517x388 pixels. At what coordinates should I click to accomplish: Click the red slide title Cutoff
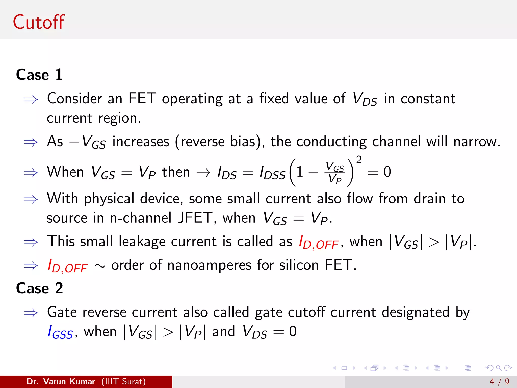(x=39, y=22)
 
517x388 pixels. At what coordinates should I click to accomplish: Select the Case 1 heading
(x=39, y=75)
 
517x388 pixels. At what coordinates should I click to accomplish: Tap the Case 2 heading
(x=39, y=288)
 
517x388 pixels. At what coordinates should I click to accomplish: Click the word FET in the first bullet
(x=142, y=99)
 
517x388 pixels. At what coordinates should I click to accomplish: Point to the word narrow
(x=476, y=141)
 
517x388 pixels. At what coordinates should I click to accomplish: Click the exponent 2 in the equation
(x=359, y=160)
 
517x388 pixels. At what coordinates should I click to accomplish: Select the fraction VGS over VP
(x=335, y=172)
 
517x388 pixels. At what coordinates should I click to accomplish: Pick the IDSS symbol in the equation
(x=272, y=173)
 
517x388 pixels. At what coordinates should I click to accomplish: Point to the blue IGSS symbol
(x=60, y=332)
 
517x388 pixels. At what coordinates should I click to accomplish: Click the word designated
(x=415, y=312)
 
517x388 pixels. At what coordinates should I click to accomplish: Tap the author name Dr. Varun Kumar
(x=61, y=381)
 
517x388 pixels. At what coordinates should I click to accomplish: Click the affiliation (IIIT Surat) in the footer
(x=123, y=381)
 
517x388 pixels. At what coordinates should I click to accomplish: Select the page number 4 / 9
(x=499, y=381)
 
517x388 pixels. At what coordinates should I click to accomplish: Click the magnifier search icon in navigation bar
(x=499, y=368)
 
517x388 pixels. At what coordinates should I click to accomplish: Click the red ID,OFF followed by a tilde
(x=68, y=266)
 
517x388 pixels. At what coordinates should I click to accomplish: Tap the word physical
(x=109, y=199)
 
